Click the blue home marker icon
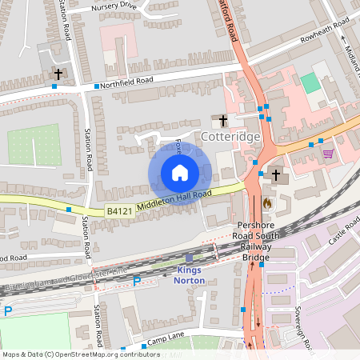tap(180, 173)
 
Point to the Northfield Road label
tap(127, 81)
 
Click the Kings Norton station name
tap(190, 275)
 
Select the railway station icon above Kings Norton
tap(190, 258)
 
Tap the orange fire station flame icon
tap(266, 203)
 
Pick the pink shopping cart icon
tap(327, 154)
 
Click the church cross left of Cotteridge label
tap(223, 121)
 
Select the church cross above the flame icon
tap(276, 174)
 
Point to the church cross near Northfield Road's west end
tap(58, 74)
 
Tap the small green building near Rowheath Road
tap(310, 82)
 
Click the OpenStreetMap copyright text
tap(80, 354)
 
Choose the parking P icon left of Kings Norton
tap(136, 280)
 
